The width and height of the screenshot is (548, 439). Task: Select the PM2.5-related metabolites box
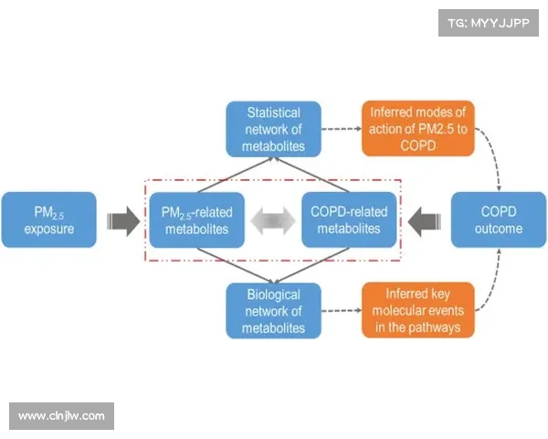197,219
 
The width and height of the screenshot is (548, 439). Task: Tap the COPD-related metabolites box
349,219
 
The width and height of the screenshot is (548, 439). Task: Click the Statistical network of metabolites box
274,129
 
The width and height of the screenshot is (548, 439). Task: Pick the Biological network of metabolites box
274,311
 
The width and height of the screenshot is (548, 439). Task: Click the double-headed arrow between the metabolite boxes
273,220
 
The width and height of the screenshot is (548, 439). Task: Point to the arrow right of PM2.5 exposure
121,220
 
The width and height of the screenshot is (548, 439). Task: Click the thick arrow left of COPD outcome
424,220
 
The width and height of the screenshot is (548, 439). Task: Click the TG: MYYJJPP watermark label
489,22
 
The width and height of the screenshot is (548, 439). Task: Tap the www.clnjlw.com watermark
62,416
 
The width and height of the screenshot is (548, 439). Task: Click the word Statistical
274,112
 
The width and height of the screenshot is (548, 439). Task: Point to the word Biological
274,294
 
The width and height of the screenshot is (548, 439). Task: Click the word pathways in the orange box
435,327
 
